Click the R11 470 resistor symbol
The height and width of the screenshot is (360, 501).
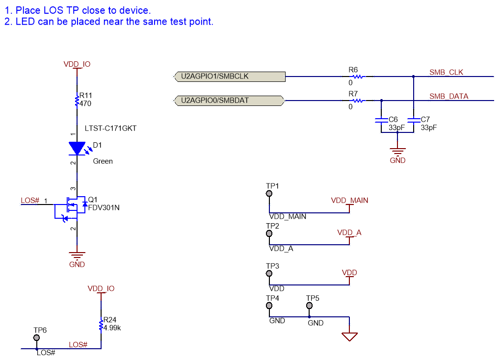(x=77, y=101)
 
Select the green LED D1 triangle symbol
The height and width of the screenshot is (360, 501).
(x=77, y=148)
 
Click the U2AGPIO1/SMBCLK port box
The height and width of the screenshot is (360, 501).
(x=230, y=76)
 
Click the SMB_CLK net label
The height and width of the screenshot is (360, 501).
(x=446, y=72)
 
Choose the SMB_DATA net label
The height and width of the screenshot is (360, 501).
(x=448, y=96)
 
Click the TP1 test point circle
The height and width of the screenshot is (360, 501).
(x=269, y=194)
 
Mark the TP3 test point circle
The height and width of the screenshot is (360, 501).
(x=269, y=274)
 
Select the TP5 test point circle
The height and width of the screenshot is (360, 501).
(x=309, y=306)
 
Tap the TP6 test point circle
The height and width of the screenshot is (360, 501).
(x=36, y=338)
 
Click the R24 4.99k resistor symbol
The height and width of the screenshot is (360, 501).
(x=101, y=325)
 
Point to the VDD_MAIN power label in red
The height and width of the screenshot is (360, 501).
(x=349, y=201)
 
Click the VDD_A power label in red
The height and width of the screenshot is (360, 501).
(x=349, y=232)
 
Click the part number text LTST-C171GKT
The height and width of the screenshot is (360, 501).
(x=110, y=129)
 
